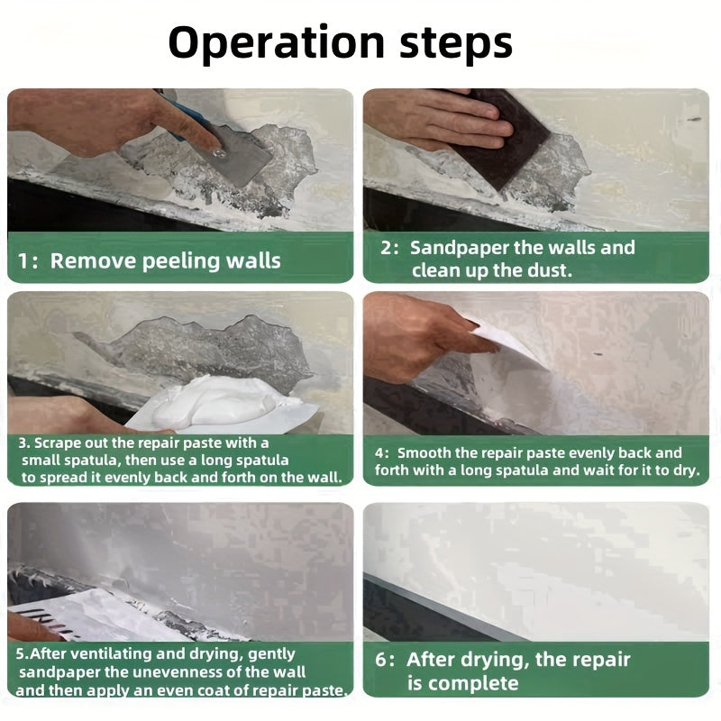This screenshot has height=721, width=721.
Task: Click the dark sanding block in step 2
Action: coord(514,140)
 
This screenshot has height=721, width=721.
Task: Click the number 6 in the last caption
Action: coord(382,660)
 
